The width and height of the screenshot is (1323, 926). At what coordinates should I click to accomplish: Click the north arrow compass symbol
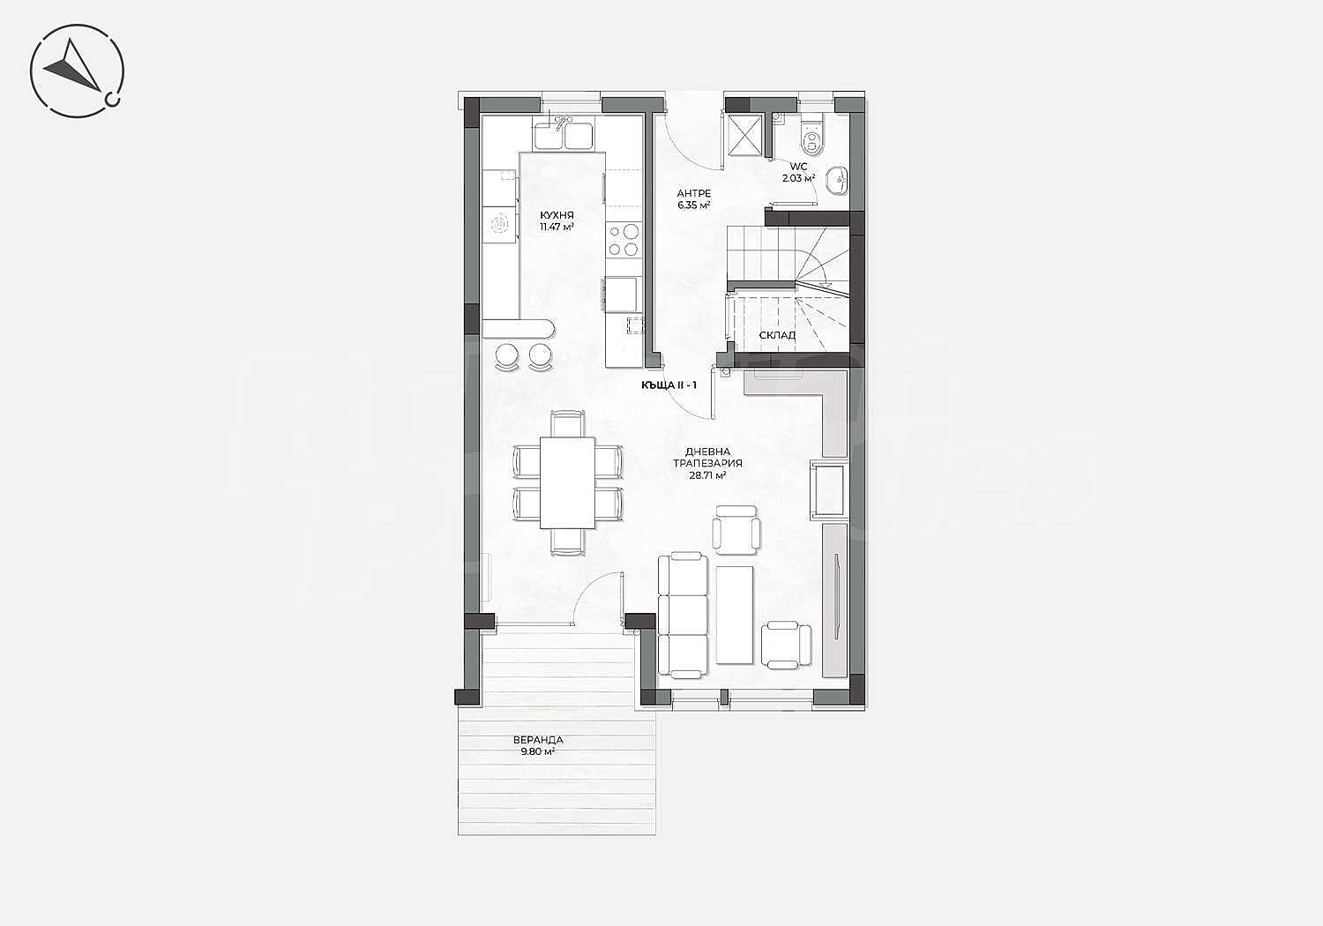coord(78,71)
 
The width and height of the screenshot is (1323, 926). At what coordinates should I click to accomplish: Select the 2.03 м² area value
coord(798,178)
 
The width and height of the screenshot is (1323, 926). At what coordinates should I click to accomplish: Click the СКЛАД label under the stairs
coord(777,335)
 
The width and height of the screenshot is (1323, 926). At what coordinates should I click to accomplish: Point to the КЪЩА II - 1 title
coord(669,385)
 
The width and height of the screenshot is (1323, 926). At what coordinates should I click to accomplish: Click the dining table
coord(567,482)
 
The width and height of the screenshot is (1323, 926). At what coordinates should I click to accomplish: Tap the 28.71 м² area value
coord(707,474)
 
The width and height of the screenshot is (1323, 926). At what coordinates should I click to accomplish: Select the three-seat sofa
coord(683,614)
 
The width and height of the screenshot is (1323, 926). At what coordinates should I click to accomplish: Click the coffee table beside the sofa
coord(735,615)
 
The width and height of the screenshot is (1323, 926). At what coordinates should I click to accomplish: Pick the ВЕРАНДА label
coord(538,740)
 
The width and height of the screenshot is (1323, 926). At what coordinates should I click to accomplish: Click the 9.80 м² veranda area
coord(538,751)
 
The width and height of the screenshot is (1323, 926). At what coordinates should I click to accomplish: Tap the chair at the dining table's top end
coord(568,424)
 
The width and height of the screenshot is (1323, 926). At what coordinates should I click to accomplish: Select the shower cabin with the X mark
coord(744,134)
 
